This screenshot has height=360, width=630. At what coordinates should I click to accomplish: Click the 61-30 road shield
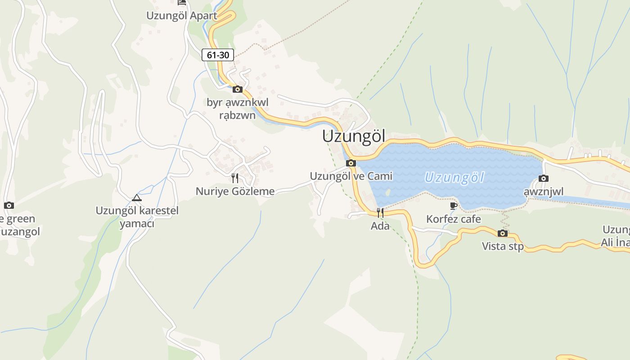tap(218, 55)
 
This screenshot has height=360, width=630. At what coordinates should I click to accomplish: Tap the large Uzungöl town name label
tap(354, 136)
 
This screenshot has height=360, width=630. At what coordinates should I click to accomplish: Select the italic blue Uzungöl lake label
tap(454, 178)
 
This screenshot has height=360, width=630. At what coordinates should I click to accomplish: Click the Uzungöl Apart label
tap(182, 16)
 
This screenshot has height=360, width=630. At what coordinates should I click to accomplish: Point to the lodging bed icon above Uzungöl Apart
tap(182, 3)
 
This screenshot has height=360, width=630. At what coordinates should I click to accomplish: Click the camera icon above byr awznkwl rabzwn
tap(238, 89)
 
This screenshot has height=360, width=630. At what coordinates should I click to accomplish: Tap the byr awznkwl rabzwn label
tap(238, 109)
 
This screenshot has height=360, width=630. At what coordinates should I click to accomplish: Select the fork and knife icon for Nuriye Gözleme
tap(235, 178)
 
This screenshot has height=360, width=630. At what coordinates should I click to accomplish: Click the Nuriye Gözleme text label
tap(235, 191)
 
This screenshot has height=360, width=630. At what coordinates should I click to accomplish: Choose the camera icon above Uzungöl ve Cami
tap(351, 163)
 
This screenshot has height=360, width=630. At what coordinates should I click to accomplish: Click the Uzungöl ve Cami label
tap(351, 176)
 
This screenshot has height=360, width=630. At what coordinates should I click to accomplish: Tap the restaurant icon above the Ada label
tap(380, 213)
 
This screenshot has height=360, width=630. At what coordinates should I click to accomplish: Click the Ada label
tap(380, 226)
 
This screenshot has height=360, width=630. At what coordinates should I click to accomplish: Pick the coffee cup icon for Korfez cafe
tap(454, 206)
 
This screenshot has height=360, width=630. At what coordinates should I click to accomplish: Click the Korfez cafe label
tap(454, 219)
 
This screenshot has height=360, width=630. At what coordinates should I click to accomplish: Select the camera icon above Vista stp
tap(503, 233)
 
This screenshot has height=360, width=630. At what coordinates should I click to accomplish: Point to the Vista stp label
tap(503, 246)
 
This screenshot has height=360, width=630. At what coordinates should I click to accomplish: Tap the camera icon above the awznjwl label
tap(544, 178)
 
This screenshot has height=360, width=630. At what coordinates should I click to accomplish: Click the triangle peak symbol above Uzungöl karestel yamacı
tap(137, 198)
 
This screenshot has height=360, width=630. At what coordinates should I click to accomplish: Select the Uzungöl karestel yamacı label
tap(137, 217)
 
